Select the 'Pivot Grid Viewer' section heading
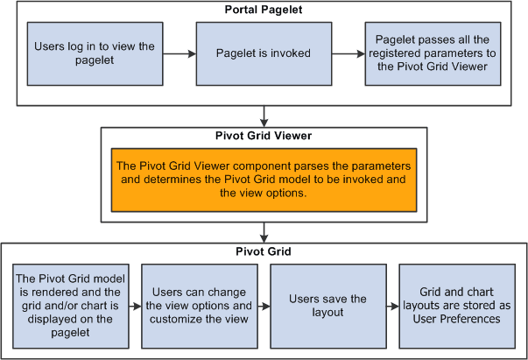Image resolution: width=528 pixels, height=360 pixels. tap(264, 137)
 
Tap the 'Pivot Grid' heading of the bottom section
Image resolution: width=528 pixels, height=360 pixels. tap(264, 251)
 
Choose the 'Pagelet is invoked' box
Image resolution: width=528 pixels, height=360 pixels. tap(264, 53)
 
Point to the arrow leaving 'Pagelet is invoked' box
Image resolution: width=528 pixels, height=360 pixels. tap(348, 53)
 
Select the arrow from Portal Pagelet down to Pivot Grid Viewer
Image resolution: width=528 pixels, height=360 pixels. tap(264, 116)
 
